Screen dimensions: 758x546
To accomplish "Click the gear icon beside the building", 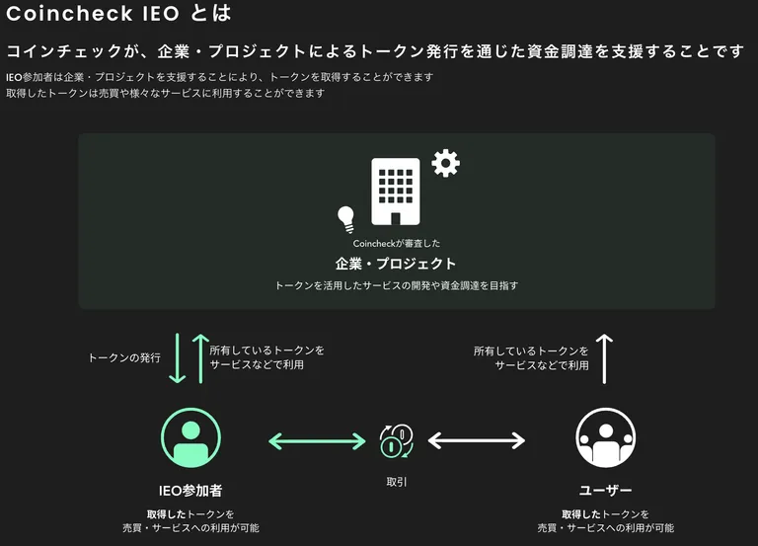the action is coord(445,163).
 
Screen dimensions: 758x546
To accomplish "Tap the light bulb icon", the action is coord(346,219).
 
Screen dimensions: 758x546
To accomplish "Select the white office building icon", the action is coord(396,192).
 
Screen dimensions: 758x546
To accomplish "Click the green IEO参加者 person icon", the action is coord(190,437).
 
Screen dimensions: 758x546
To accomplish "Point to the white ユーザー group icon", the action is coord(606,437).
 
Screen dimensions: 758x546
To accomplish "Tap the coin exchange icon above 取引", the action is coord(397,440).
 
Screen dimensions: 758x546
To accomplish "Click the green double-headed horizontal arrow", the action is coord(317,441).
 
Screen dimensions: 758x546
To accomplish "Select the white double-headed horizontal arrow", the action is coord(477,440).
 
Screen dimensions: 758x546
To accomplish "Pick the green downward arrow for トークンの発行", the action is coord(178,357).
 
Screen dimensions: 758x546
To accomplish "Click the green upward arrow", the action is coord(200,358).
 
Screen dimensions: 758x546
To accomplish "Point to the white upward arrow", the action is coord(604,358).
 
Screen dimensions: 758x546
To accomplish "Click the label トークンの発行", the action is coord(124,357).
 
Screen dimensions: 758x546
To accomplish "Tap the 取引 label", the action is coord(397,482).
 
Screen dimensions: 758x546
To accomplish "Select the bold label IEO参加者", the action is coord(190,491).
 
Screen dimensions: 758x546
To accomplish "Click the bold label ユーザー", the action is coord(606,491).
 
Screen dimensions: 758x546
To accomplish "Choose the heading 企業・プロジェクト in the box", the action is coord(396,264).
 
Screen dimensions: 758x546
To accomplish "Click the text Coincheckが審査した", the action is coord(397,243).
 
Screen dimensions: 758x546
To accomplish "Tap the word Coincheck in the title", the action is coord(70,13).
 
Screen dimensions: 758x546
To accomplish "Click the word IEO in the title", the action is coord(161,13).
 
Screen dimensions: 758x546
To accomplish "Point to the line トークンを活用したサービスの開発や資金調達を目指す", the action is coord(397,285).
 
